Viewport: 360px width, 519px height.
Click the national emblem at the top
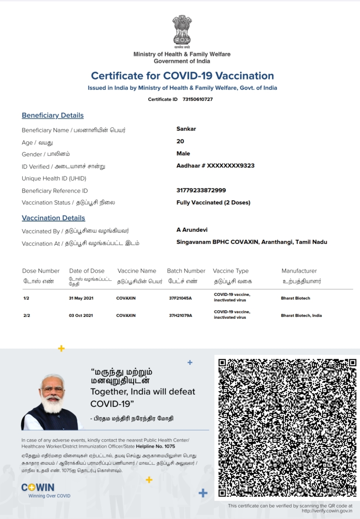pos(182,30)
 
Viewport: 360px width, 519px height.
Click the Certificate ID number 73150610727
pos(198,99)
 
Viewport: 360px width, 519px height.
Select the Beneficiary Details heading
pos(53,115)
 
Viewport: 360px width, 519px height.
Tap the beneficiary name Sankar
pos(186,129)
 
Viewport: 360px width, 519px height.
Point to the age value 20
pos(180,141)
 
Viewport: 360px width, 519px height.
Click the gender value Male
pos(183,153)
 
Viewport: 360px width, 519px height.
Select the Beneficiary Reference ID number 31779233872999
pos(201,190)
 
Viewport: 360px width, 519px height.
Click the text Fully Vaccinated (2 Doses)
pos(213,202)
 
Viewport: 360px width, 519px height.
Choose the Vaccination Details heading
pos(53,218)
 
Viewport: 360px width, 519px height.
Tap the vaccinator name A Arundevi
pos(192,230)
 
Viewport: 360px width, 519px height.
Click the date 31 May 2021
pos(81,298)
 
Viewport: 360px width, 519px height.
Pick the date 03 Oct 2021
pos(81,316)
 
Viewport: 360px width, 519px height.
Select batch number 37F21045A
pos(180,298)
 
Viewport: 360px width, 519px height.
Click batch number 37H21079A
pos(180,316)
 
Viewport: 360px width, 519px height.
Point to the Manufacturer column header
pos(299,271)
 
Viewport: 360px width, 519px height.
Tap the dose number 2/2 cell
pos(27,316)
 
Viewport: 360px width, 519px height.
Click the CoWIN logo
pos(38,488)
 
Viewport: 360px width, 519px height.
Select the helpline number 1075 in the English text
pos(170,446)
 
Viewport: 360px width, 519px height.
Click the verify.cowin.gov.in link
pos(327,511)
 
